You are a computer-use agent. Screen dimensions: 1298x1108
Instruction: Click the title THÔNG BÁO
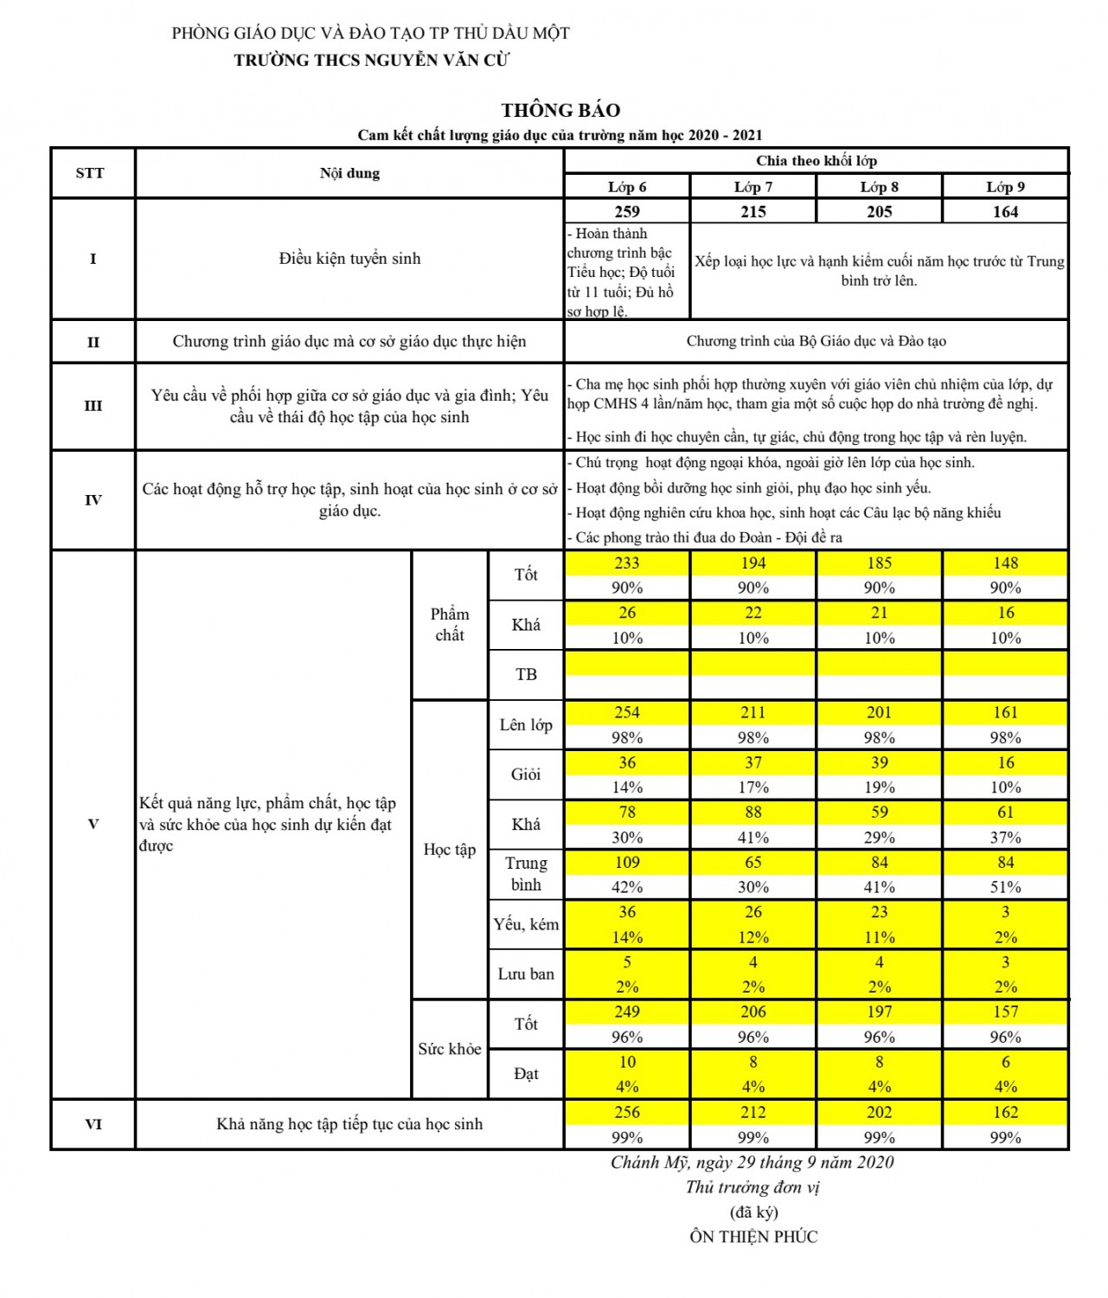(560, 110)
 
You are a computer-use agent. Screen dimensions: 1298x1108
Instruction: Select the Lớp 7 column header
(753, 187)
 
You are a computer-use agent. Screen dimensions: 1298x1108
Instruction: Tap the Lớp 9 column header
(1005, 187)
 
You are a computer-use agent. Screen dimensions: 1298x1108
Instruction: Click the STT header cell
(90, 173)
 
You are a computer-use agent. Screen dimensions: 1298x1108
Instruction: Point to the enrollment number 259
(627, 212)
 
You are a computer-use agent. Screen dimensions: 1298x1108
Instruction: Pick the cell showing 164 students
(1005, 212)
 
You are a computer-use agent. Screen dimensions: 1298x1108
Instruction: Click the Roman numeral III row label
(93, 406)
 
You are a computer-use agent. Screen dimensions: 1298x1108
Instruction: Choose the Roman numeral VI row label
(93, 1124)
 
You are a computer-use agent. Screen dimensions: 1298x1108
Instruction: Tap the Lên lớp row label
(526, 725)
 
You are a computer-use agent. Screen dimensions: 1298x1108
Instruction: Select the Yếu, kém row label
(526, 924)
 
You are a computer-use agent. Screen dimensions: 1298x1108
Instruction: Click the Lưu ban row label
(526, 974)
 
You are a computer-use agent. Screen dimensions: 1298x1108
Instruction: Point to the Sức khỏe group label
(449, 1049)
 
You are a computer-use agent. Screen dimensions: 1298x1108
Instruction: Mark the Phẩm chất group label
(449, 624)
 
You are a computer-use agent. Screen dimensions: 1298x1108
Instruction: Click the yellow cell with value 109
(627, 863)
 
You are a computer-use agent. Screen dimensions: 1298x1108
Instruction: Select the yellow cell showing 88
(753, 813)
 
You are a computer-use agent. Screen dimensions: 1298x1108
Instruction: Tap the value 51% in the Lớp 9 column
(1005, 887)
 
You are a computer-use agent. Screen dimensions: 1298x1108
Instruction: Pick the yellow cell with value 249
(627, 1012)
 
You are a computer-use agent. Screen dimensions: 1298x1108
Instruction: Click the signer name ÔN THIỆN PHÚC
(753, 1237)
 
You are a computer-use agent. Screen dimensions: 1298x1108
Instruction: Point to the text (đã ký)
(753, 1212)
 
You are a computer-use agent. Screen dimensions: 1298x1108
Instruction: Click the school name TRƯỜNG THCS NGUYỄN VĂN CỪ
(372, 61)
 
